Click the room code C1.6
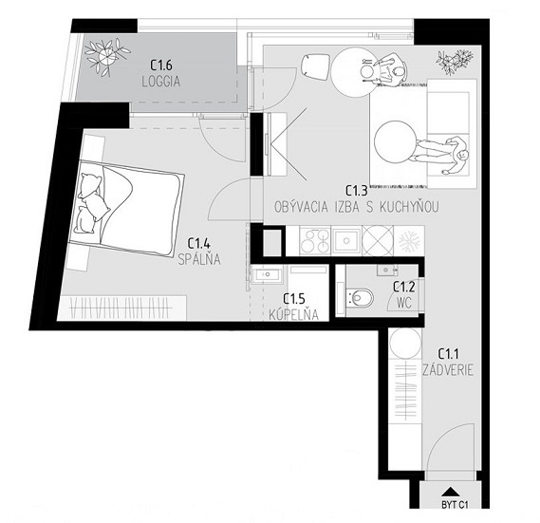click(x=161, y=65)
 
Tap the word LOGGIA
click(x=161, y=81)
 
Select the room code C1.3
click(x=355, y=190)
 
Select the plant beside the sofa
click(x=453, y=65)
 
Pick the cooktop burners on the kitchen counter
click(x=314, y=241)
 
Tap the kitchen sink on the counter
click(x=344, y=241)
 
